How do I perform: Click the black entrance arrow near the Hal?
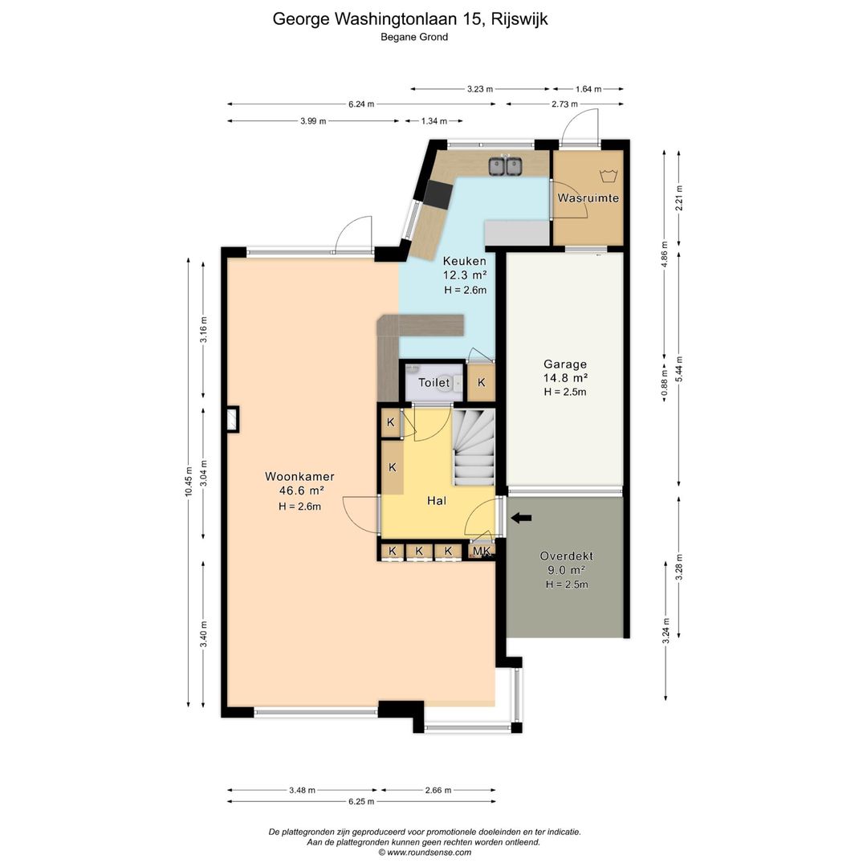click(521, 518)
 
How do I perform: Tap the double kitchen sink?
click(506, 165)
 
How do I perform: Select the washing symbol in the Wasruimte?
click(608, 177)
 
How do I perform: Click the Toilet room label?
click(434, 383)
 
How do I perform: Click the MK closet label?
click(482, 551)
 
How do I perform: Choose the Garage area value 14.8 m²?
click(565, 378)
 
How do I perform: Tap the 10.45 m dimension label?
click(189, 482)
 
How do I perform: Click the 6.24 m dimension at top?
click(361, 104)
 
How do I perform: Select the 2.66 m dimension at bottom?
click(438, 790)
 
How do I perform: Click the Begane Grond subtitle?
click(414, 38)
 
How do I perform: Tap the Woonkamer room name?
click(299, 476)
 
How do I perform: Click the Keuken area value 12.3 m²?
click(465, 275)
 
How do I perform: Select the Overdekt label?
click(567, 556)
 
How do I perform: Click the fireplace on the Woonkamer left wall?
click(233, 419)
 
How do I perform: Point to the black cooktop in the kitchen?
click(438, 195)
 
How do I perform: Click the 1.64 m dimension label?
click(588, 89)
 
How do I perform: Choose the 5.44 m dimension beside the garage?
click(680, 368)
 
